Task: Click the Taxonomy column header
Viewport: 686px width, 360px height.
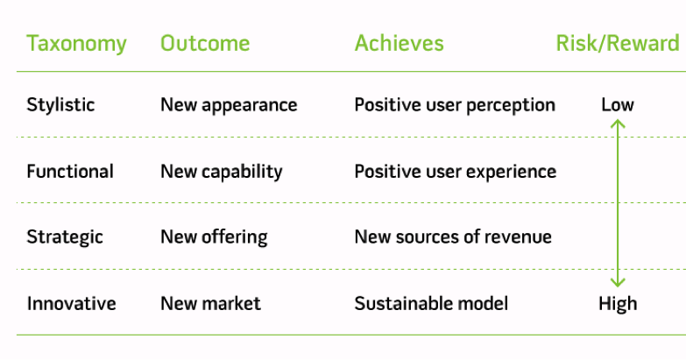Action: point(76,44)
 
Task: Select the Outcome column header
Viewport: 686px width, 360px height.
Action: point(205,44)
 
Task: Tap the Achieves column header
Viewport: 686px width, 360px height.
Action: point(399,44)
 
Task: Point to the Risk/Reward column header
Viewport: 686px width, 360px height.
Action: point(618,44)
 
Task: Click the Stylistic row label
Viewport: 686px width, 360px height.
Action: point(60,105)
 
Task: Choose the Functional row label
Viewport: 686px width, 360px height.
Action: point(70,172)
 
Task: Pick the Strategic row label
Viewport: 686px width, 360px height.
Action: point(65,237)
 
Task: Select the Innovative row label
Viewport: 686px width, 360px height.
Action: point(71,304)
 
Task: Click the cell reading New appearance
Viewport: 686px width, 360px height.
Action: point(229,105)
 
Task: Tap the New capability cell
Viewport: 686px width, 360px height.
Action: point(221,172)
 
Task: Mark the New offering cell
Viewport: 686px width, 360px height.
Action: point(214,237)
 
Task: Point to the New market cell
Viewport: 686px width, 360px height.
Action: point(210,304)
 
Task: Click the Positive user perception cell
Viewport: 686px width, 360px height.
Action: point(455,105)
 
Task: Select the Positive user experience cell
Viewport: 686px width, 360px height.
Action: point(455,172)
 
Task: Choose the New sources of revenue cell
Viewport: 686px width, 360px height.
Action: point(453,237)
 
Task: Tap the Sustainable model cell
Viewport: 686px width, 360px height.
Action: point(431,304)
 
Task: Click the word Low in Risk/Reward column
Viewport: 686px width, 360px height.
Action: point(618,105)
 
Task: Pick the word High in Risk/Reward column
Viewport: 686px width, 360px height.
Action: point(618,304)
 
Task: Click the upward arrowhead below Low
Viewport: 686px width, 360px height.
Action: point(618,124)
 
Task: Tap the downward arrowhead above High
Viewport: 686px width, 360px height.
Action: point(618,282)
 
